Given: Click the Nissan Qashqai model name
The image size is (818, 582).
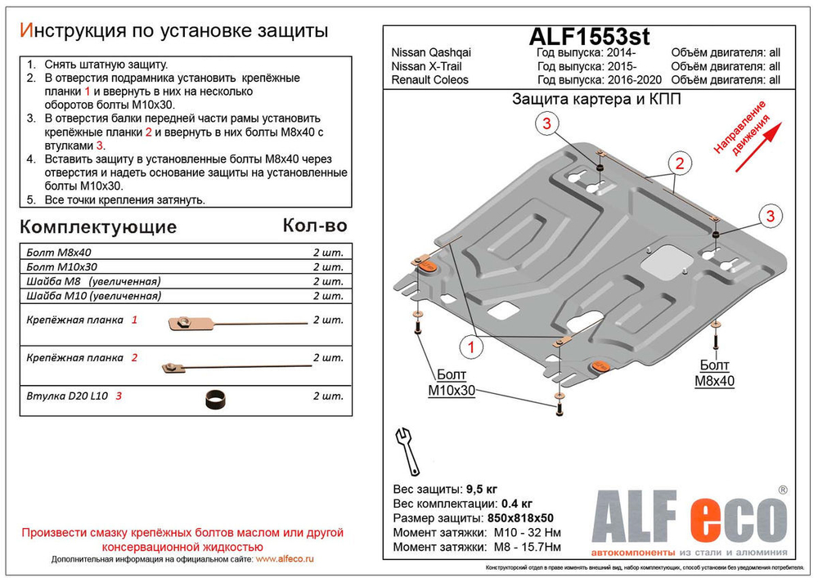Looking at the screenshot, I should coord(431,53).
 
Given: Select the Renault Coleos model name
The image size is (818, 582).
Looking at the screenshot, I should coord(430,80).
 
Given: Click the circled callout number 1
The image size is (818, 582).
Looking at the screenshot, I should coord(472,349).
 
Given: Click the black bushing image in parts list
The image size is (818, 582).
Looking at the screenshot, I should coord(214,399).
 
